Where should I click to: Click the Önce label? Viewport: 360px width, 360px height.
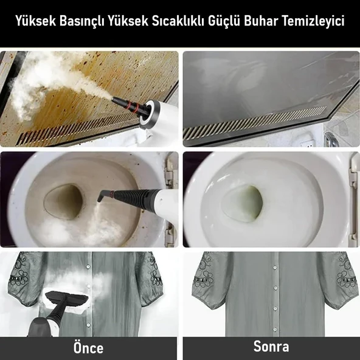88,348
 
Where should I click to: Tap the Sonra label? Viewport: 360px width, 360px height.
271,347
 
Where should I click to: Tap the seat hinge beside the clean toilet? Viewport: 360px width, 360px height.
352,182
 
